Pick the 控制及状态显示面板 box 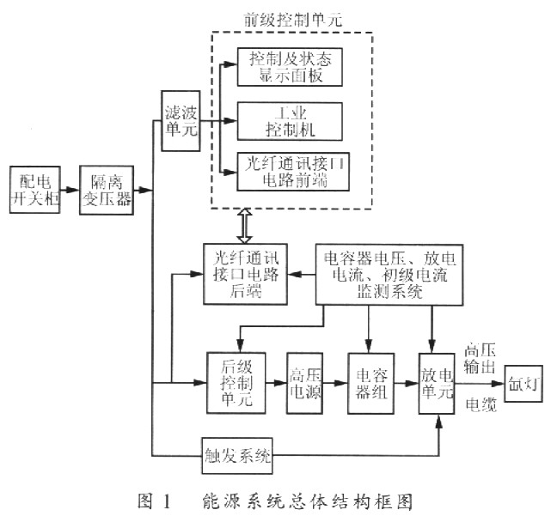tap(290, 68)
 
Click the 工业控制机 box tap(290, 121)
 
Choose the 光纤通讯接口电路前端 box tap(290, 173)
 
